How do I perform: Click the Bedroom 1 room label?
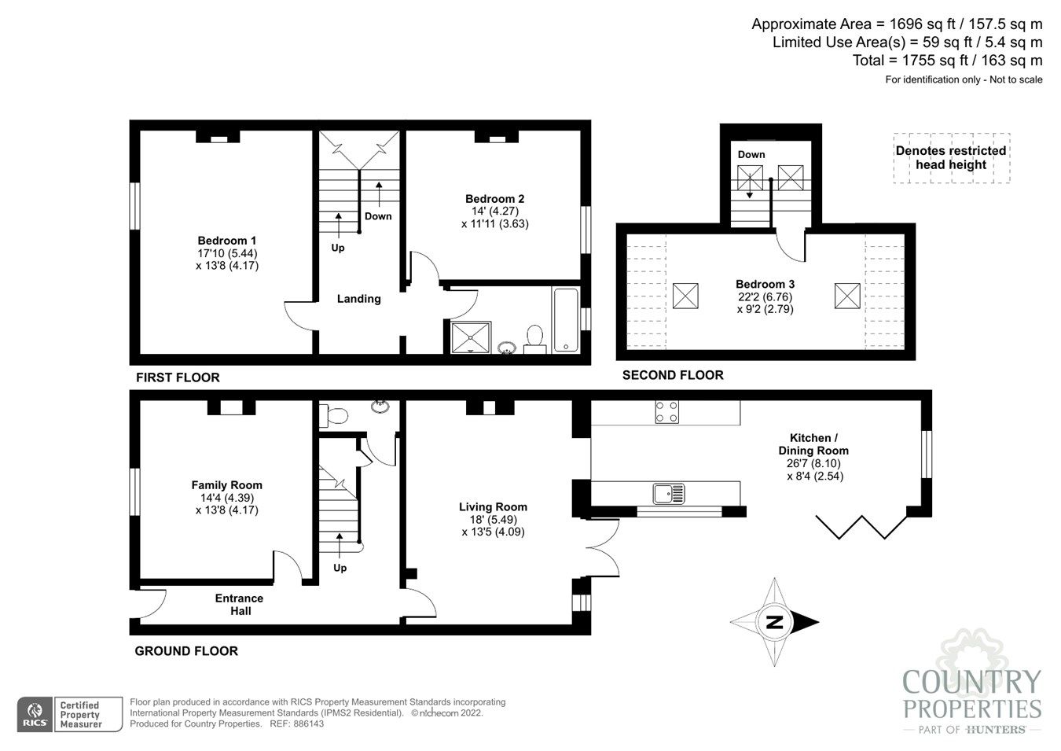(x=227, y=240)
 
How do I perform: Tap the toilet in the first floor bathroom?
(x=534, y=339)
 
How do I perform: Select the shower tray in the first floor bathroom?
(x=471, y=337)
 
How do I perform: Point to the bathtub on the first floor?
(x=566, y=320)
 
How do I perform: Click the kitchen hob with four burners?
(x=667, y=411)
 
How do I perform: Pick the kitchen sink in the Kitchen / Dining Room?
(x=669, y=493)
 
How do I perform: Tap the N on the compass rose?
(x=774, y=622)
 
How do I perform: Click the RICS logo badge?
(x=35, y=715)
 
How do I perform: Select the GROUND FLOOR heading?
(x=186, y=651)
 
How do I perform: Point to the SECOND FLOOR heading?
(x=673, y=375)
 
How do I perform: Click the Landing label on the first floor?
(x=358, y=299)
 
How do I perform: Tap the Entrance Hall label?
(x=239, y=605)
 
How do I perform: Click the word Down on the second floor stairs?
(x=751, y=154)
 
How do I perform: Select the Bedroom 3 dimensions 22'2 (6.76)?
(x=765, y=296)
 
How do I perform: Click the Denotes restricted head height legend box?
(x=952, y=158)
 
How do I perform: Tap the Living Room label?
(x=493, y=506)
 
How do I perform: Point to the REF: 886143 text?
(x=296, y=723)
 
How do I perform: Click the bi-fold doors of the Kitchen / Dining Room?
(x=861, y=527)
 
